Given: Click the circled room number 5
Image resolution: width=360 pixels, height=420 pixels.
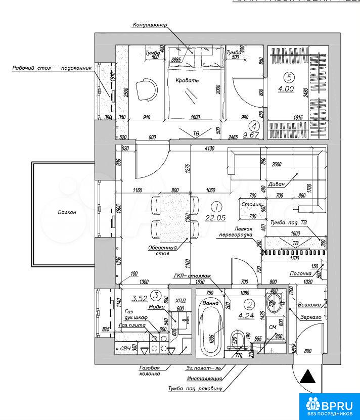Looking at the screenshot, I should [x=289, y=78].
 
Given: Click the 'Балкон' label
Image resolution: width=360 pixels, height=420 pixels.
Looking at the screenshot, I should [x=67, y=212].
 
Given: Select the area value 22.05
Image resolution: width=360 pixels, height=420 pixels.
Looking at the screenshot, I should [x=216, y=218].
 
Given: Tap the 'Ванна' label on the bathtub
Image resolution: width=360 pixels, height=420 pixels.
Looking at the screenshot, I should [x=210, y=303].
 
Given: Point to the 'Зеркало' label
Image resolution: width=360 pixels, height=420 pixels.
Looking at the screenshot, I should [x=310, y=317].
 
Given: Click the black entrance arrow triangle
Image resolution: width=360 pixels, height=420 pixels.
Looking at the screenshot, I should [x=307, y=377].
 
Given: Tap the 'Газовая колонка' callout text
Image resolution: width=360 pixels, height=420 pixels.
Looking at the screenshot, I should [x=149, y=370].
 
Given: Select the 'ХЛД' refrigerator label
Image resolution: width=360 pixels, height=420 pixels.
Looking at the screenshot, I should [x=180, y=299].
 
